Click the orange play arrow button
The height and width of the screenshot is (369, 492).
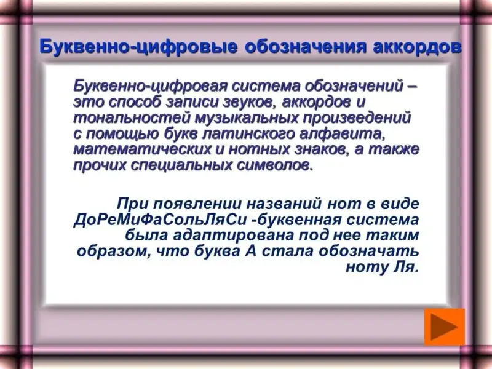[444, 327]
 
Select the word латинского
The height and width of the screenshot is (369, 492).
[248, 134]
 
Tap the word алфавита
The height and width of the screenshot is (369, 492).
[342, 134]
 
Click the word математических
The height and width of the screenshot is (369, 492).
[142, 149]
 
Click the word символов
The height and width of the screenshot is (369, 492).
[275, 165]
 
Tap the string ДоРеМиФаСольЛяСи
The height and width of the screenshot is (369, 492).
[160, 220]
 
